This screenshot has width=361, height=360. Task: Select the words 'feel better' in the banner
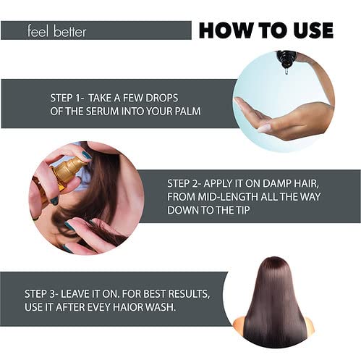(x=56, y=31)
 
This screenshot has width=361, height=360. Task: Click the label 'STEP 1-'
(x=67, y=98)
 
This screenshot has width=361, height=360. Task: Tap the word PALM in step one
(x=188, y=112)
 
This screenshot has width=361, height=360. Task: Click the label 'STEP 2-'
(x=184, y=183)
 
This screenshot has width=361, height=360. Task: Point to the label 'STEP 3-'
(x=41, y=294)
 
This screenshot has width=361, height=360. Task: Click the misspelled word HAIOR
(x=127, y=307)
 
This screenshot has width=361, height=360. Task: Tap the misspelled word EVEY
(x=98, y=307)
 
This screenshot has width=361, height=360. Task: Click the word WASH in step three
(x=160, y=307)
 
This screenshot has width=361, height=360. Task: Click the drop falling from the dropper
(x=286, y=71)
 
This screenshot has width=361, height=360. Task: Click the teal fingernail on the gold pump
(x=86, y=155)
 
